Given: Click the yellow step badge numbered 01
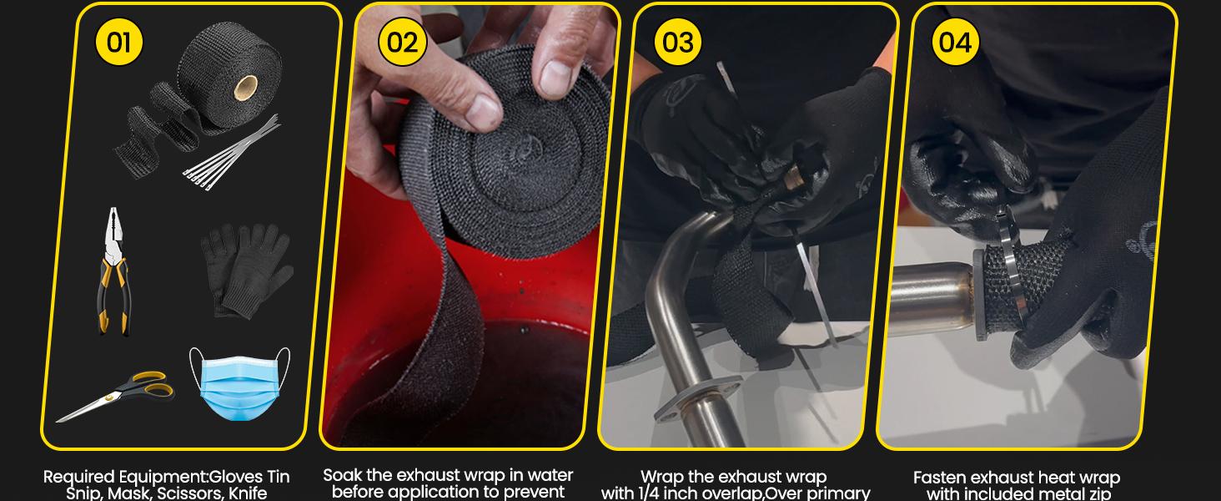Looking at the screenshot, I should pyautogui.click(x=119, y=41).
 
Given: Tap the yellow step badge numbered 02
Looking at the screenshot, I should pyautogui.click(x=402, y=41).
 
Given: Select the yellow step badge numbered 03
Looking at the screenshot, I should pyautogui.click(x=678, y=41).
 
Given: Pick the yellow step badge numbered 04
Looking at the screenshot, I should pyautogui.click(x=955, y=41).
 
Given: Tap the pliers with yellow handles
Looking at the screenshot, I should pyautogui.click(x=113, y=271).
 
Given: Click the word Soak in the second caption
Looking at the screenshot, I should pyautogui.click(x=344, y=475).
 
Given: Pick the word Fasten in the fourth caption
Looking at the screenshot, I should pyautogui.click(x=941, y=478).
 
